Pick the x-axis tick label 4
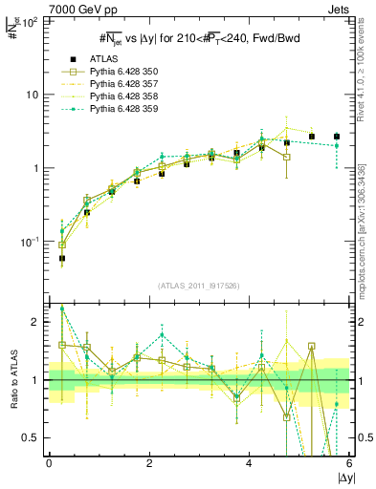click(x=250, y=463)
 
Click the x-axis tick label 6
click(x=349, y=463)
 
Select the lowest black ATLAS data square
click(x=62, y=258)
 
